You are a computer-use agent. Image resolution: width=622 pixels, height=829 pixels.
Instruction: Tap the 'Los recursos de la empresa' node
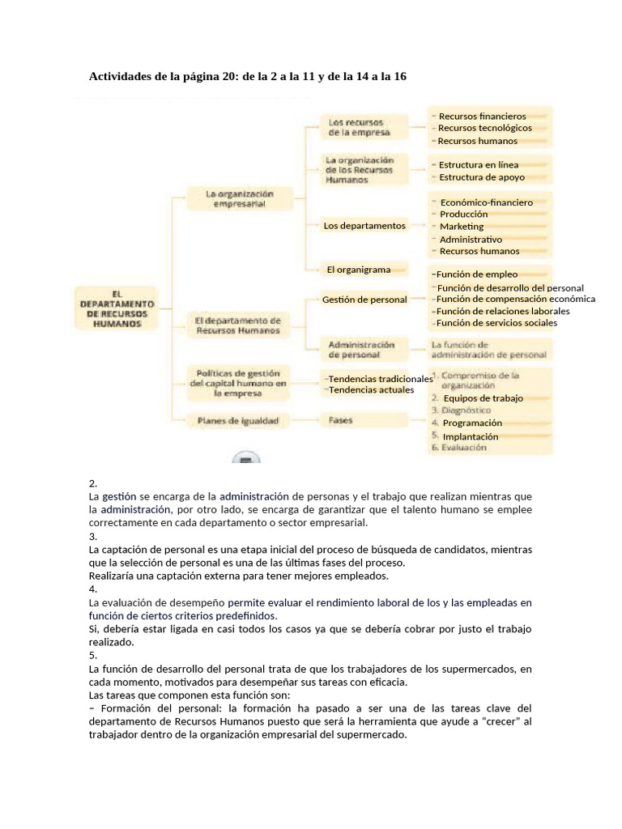359,127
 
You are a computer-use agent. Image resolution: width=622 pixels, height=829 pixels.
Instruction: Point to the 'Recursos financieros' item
482,117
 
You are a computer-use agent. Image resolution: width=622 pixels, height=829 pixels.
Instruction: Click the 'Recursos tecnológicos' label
485,128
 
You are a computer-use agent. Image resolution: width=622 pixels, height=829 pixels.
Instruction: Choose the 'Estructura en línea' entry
479,165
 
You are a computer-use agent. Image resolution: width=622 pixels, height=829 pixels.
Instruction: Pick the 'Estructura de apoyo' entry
482,177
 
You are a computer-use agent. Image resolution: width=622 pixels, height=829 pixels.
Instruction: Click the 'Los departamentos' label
364,226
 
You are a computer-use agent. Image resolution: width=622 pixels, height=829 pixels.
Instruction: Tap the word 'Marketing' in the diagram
462,227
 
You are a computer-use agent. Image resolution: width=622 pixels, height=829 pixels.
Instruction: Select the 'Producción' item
464,214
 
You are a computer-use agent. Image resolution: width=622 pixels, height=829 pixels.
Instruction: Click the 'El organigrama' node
359,270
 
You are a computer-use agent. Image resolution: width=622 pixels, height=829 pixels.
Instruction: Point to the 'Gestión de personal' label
364,300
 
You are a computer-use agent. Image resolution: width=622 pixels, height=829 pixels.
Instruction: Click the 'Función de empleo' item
476,274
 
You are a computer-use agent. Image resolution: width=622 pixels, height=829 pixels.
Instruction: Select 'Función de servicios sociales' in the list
496,323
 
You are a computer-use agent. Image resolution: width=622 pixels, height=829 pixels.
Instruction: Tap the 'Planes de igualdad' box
238,421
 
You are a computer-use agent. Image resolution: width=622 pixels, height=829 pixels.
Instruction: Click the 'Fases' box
340,421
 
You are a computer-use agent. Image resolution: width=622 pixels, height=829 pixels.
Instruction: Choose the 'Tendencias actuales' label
371,390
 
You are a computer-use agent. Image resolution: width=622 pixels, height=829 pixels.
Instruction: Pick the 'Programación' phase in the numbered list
472,423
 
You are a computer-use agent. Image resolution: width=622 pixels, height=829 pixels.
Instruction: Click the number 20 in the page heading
228,76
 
